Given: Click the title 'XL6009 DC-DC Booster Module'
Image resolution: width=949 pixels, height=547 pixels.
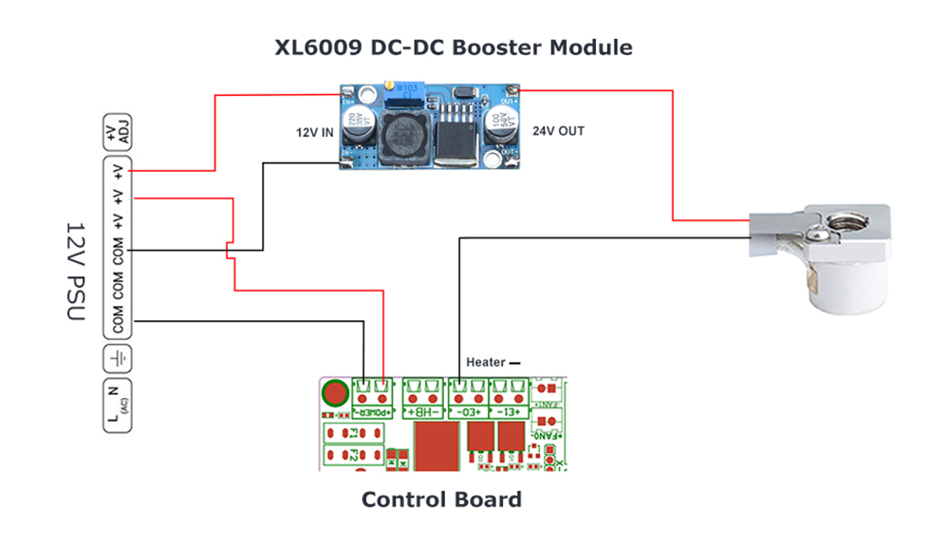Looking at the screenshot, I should click(x=454, y=47).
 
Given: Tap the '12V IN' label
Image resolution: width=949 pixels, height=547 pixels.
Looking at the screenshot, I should click(x=314, y=133).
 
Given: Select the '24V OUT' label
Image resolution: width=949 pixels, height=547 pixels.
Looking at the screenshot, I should click(x=558, y=131).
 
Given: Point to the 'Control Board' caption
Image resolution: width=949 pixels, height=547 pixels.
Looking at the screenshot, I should click(x=441, y=500).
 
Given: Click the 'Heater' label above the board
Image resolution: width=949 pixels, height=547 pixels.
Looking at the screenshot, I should click(x=486, y=363).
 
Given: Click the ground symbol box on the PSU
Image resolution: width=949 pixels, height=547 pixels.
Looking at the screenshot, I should click(x=118, y=359).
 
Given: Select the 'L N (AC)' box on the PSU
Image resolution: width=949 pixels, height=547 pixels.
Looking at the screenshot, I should click(x=118, y=406).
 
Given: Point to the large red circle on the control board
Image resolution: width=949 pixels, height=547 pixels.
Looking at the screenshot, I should click(x=334, y=393).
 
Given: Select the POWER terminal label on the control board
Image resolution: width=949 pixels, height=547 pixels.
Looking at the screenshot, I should click(x=371, y=413).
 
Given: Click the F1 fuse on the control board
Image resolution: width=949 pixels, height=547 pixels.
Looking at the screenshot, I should click(x=352, y=434).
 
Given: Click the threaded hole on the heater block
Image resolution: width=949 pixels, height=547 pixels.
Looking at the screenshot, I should click(x=845, y=222).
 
